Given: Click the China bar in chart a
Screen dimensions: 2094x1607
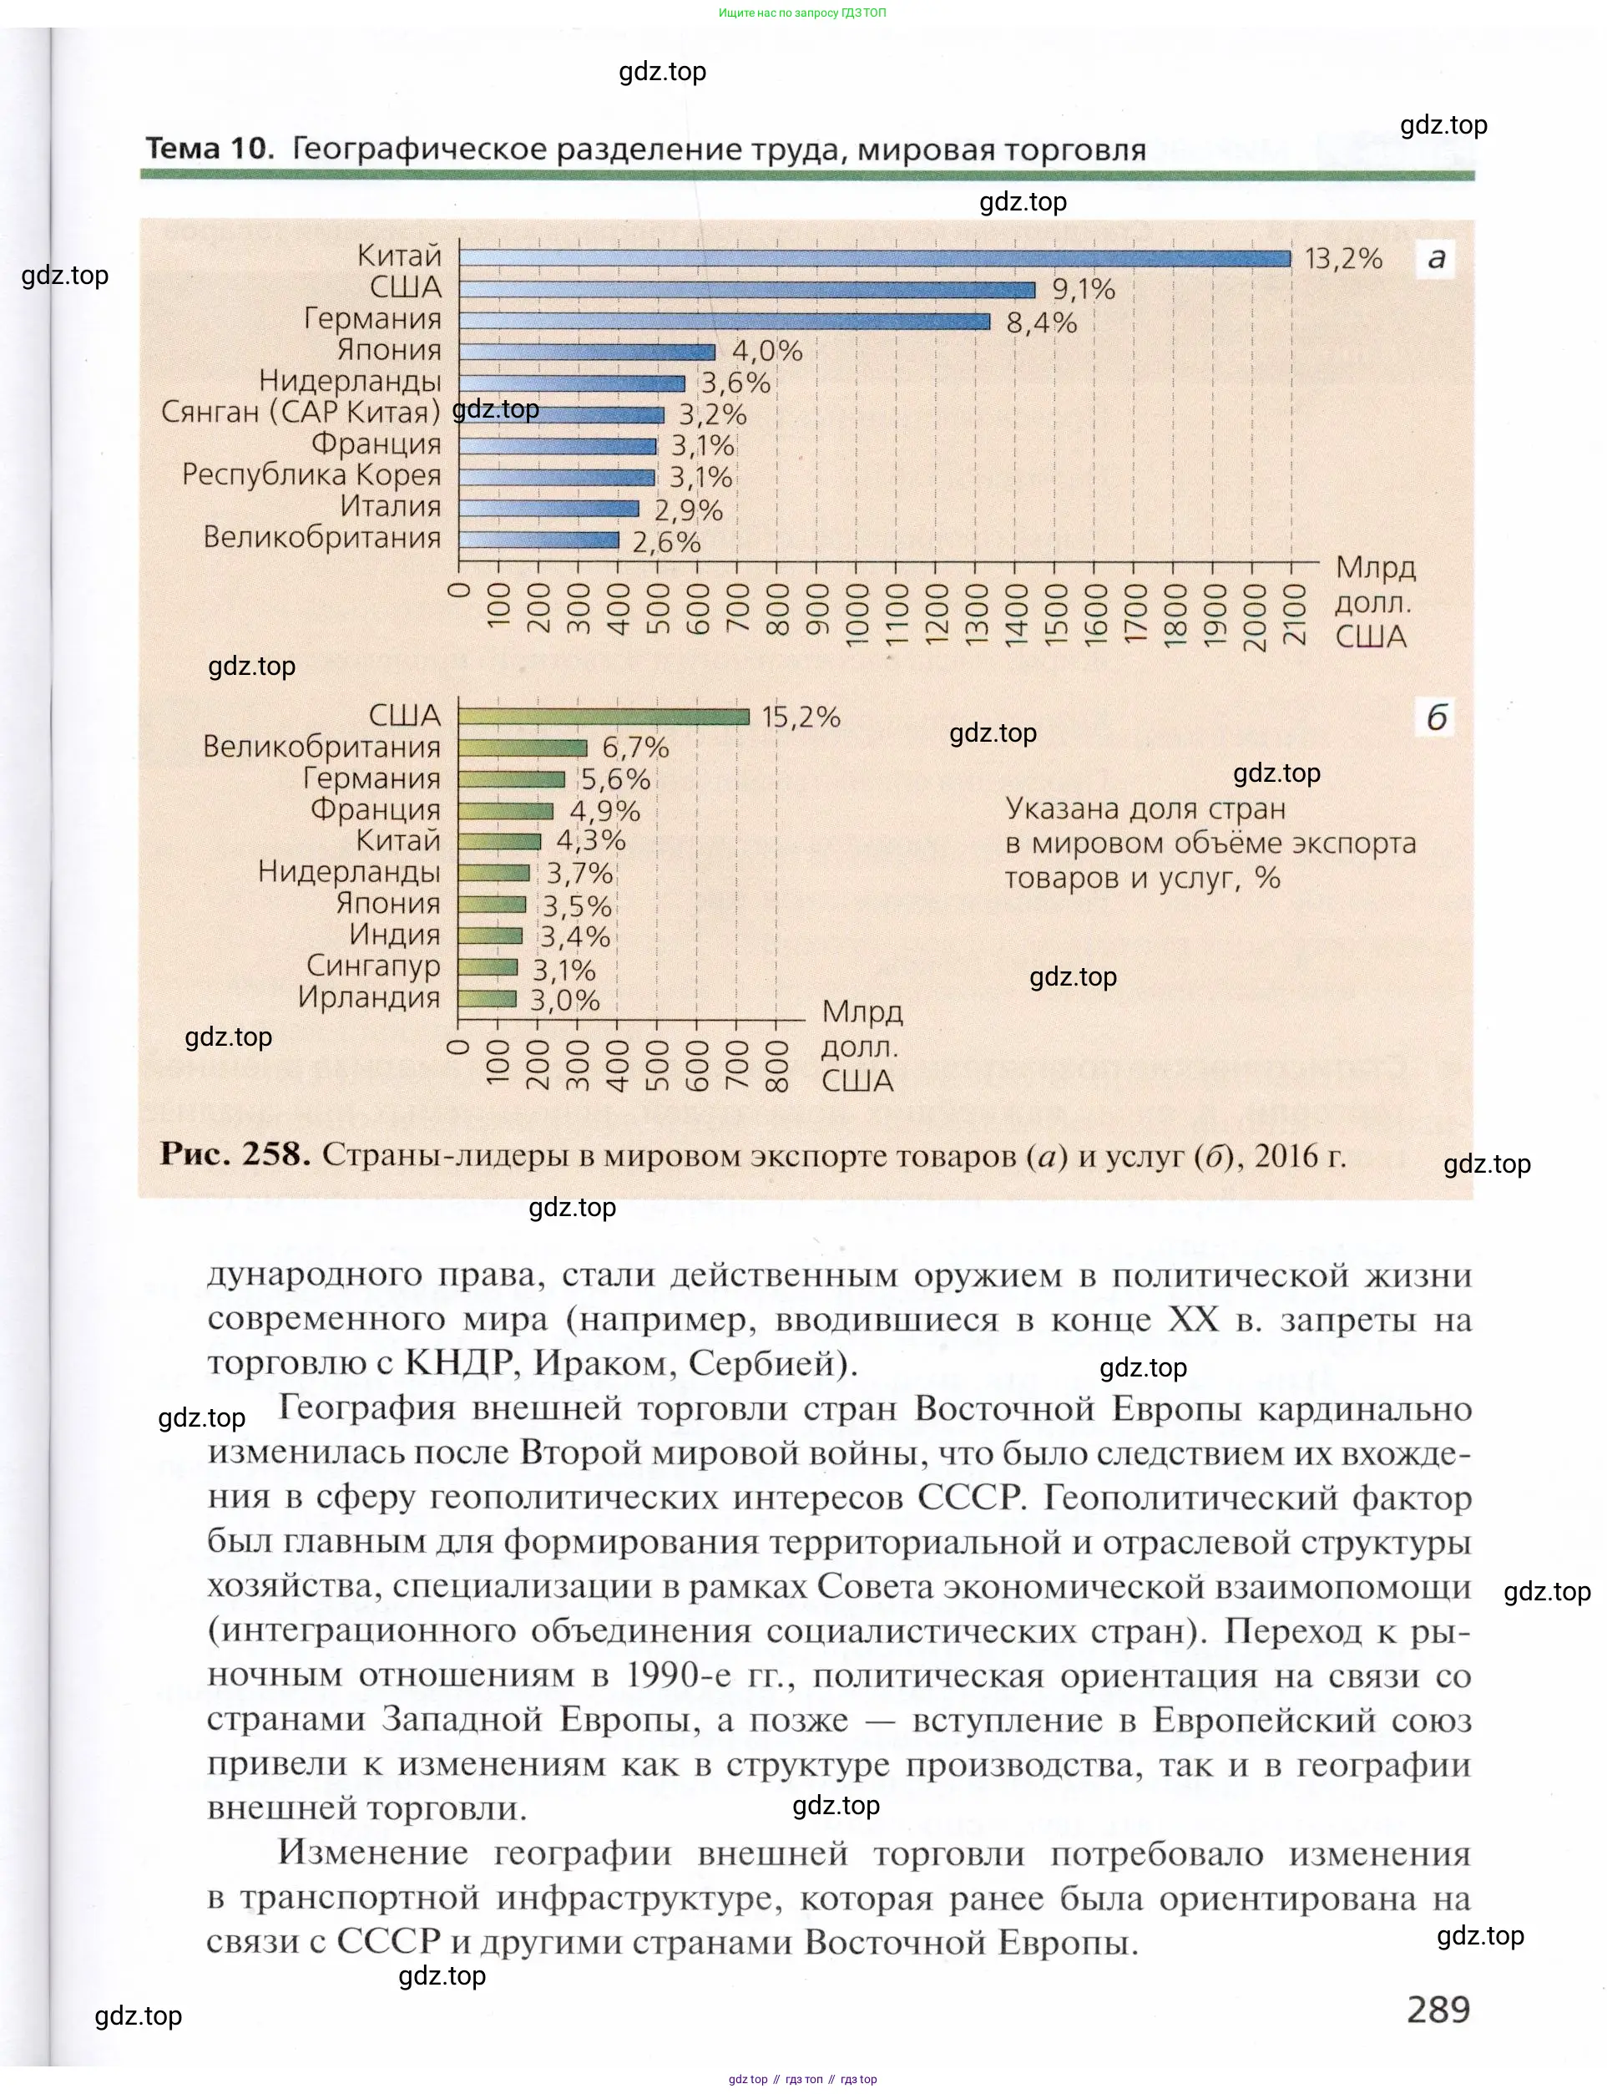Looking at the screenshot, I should [874, 258].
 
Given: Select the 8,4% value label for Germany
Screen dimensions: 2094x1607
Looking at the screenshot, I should [1042, 322].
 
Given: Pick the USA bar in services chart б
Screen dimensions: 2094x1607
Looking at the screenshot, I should [603, 717].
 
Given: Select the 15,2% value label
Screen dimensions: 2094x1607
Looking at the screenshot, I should [801, 717].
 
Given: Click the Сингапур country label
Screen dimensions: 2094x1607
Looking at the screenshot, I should [373, 966].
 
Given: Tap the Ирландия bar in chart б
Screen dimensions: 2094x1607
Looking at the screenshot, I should [487, 999].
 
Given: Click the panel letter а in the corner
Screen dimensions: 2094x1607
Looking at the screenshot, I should [1436, 258].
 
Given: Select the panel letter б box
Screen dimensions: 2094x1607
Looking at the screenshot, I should [1436, 717].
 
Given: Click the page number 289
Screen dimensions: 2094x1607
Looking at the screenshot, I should [1438, 2008].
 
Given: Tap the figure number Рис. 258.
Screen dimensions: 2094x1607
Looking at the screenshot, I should [235, 1154].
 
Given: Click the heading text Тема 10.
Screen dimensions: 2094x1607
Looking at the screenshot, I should [210, 150].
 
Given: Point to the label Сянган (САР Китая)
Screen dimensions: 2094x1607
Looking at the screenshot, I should [301, 413].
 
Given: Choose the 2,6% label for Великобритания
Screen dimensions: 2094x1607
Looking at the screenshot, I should [667, 543].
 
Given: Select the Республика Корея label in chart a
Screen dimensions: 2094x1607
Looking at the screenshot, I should [312, 474].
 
